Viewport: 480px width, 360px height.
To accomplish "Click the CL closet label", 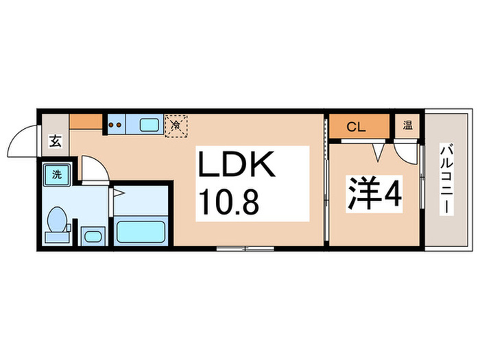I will point(355,126).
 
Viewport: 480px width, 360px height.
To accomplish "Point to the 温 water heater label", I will point(407,125).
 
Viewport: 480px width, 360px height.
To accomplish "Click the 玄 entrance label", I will point(55,143).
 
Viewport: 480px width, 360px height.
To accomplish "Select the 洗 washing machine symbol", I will point(57,174).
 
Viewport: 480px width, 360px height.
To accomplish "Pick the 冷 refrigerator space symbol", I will point(176,125).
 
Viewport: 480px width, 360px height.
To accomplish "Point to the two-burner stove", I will point(115,125).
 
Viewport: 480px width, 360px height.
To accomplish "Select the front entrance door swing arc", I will point(21,140).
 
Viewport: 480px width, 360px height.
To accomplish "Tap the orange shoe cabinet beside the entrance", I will point(86,122).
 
